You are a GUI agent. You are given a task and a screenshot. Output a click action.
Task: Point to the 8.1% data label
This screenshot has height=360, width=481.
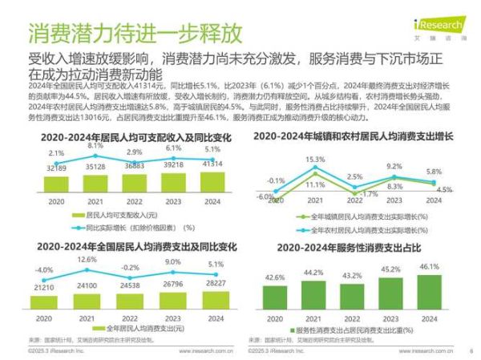point(95,146)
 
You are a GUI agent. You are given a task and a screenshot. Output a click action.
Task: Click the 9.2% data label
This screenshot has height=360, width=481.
point(393,167)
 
